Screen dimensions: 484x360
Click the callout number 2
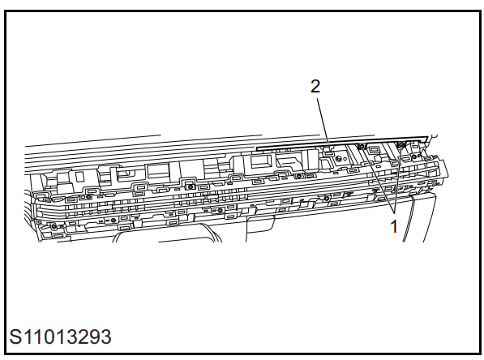click(x=315, y=87)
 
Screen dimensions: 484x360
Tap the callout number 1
click(x=394, y=226)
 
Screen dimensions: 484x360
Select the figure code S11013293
click(x=60, y=336)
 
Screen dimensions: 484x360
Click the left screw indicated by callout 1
click(x=361, y=146)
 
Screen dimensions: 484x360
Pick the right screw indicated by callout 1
click(x=401, y=144)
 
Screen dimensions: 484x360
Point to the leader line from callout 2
click(x=323, y=121)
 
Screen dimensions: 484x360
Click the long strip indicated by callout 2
click(x=342, y=143)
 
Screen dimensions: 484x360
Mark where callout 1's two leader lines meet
click(x=395, y=213)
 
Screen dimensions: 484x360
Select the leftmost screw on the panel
click(x=54, y=227)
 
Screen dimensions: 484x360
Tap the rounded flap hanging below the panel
click(x=261, y=224)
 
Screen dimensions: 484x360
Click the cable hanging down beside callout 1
click(x=409, y=217)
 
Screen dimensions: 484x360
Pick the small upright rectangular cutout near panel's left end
click(x=80, y=176)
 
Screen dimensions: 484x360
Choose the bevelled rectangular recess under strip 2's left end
click(x=261, y=162)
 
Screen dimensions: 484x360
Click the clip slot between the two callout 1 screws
click(x=375, y=150)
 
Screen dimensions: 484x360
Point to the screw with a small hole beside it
click(x=339, y=159)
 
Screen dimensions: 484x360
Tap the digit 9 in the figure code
click(x=94, y=336)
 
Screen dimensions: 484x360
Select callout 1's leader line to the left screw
click(x=378, y=180)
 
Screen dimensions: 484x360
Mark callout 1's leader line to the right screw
click(x=397, y=179)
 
